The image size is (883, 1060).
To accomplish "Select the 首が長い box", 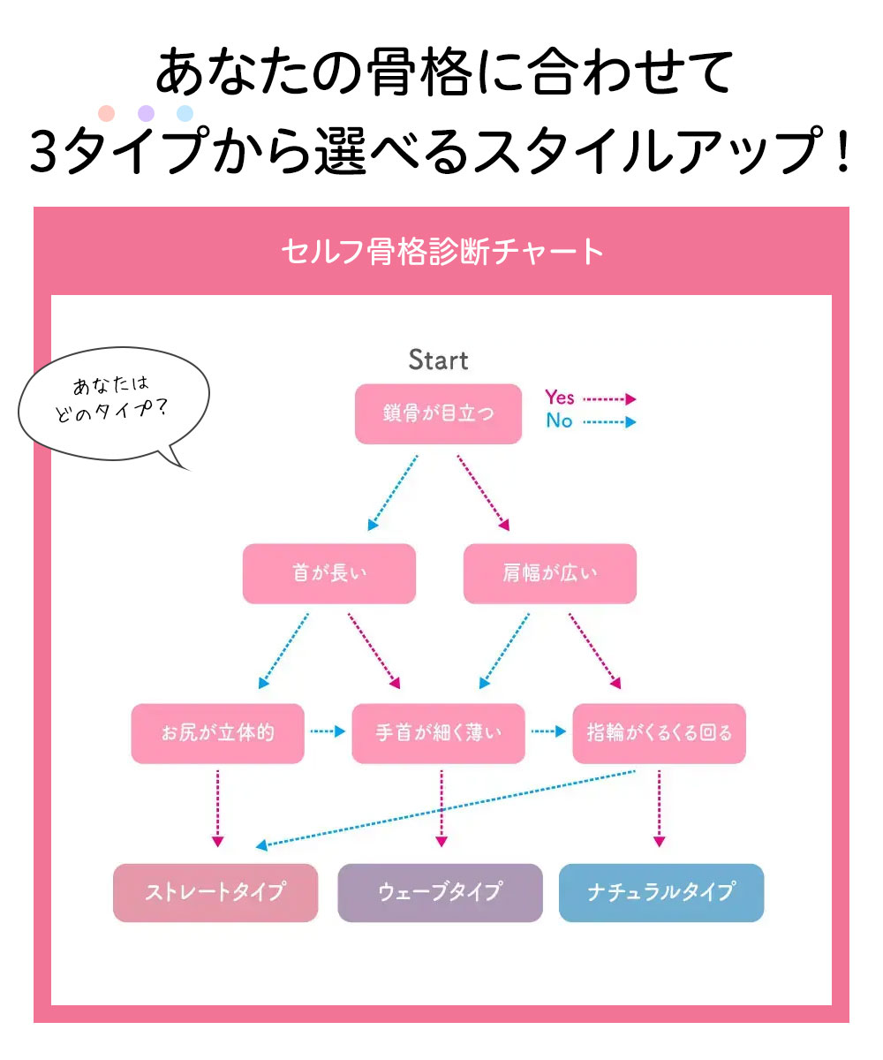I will pyautogui.click(x=328, y=573).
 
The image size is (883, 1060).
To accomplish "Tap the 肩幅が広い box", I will pyautogui.click(x=549, y=573).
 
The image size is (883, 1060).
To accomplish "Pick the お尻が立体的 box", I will pyautogui.click(x=217, y=733).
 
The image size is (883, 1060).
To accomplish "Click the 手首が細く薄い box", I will pyautogui.click(x=438, y=733).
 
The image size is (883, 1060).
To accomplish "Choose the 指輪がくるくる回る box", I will pyautogui.click(x=659, y=733).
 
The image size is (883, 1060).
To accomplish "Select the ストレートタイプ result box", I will pyautogui.click(x=215, y=892).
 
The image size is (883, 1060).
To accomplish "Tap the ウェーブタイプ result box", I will pyautogui.click(x=440, y=892).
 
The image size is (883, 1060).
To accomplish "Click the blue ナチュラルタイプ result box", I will pyautogui.click(x=660, y=892).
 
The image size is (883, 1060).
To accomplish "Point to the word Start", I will pyautogui.click(x=438, y=360).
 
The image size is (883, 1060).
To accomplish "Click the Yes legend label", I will pyautogui.click(x=560, y=398).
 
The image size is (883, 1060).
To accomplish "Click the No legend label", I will pyautogui.click(x=559, y=421).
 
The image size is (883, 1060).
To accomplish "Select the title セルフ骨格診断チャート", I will pyautogui.click(x=441, y=253).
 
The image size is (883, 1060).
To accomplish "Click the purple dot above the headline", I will pyautogui.click(x=147, y=113).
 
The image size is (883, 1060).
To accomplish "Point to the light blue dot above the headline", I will pyautogui.click(x=185, y=113).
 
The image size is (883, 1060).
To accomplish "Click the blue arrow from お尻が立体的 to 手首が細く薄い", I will pyautogui.click(x=327, y=731).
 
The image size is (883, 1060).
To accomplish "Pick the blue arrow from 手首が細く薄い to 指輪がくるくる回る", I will pyautogui.click(x=547, y=731).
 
